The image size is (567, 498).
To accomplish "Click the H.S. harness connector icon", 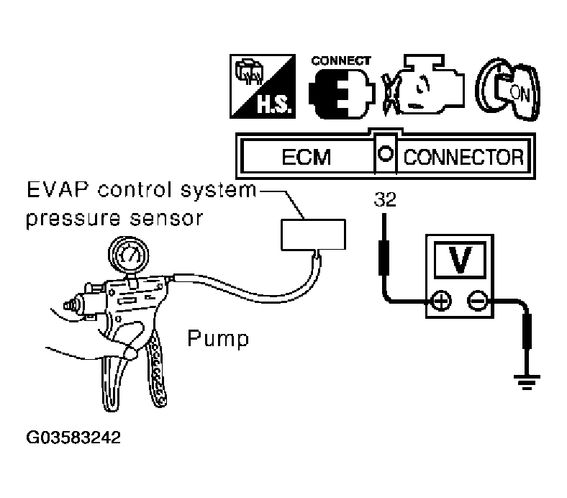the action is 263,86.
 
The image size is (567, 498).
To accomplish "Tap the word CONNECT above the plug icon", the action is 341,60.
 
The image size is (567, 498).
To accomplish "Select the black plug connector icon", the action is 342,94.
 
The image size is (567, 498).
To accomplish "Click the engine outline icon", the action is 423,85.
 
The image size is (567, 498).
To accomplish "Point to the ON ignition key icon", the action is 508,89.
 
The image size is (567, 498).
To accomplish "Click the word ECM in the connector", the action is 307,158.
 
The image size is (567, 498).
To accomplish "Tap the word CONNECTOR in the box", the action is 463,158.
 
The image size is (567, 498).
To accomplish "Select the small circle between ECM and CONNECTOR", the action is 385,154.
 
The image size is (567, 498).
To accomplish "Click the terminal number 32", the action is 385,199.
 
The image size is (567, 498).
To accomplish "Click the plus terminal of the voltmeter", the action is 441,301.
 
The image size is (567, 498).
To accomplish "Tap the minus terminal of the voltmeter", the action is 478,301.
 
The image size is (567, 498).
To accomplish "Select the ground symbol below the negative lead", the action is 527,382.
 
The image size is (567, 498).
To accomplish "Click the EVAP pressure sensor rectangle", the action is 314,235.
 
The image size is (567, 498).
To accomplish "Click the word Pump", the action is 219,339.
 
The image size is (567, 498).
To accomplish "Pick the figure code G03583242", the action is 73,438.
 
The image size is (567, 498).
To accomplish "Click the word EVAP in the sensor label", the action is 57,190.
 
